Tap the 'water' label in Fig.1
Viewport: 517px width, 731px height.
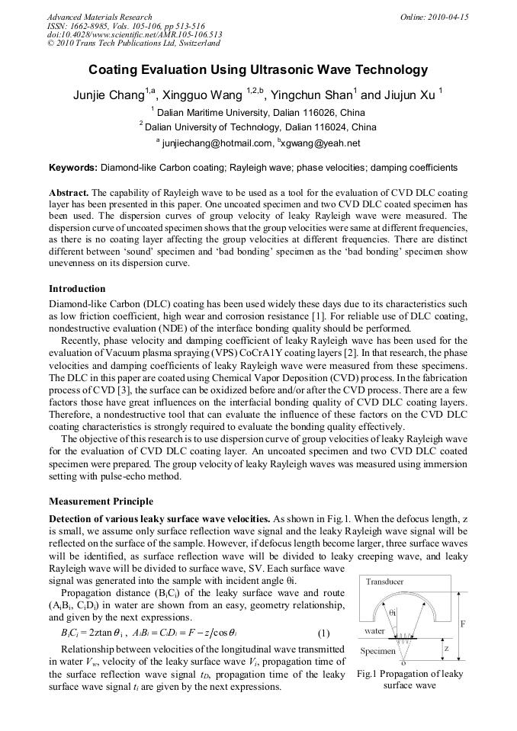point(374,631)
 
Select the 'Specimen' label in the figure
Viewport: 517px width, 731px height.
point(377,651)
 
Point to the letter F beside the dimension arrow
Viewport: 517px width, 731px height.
point(462,624)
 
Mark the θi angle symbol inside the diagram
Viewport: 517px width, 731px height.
point(393,611)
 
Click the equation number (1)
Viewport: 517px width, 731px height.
point(323,633)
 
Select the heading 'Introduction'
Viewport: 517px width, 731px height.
point(77,289)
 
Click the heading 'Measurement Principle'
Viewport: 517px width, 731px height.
point(101,502)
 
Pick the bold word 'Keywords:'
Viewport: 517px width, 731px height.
point(73,167)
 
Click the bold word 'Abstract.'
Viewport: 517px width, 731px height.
point(70,194)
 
